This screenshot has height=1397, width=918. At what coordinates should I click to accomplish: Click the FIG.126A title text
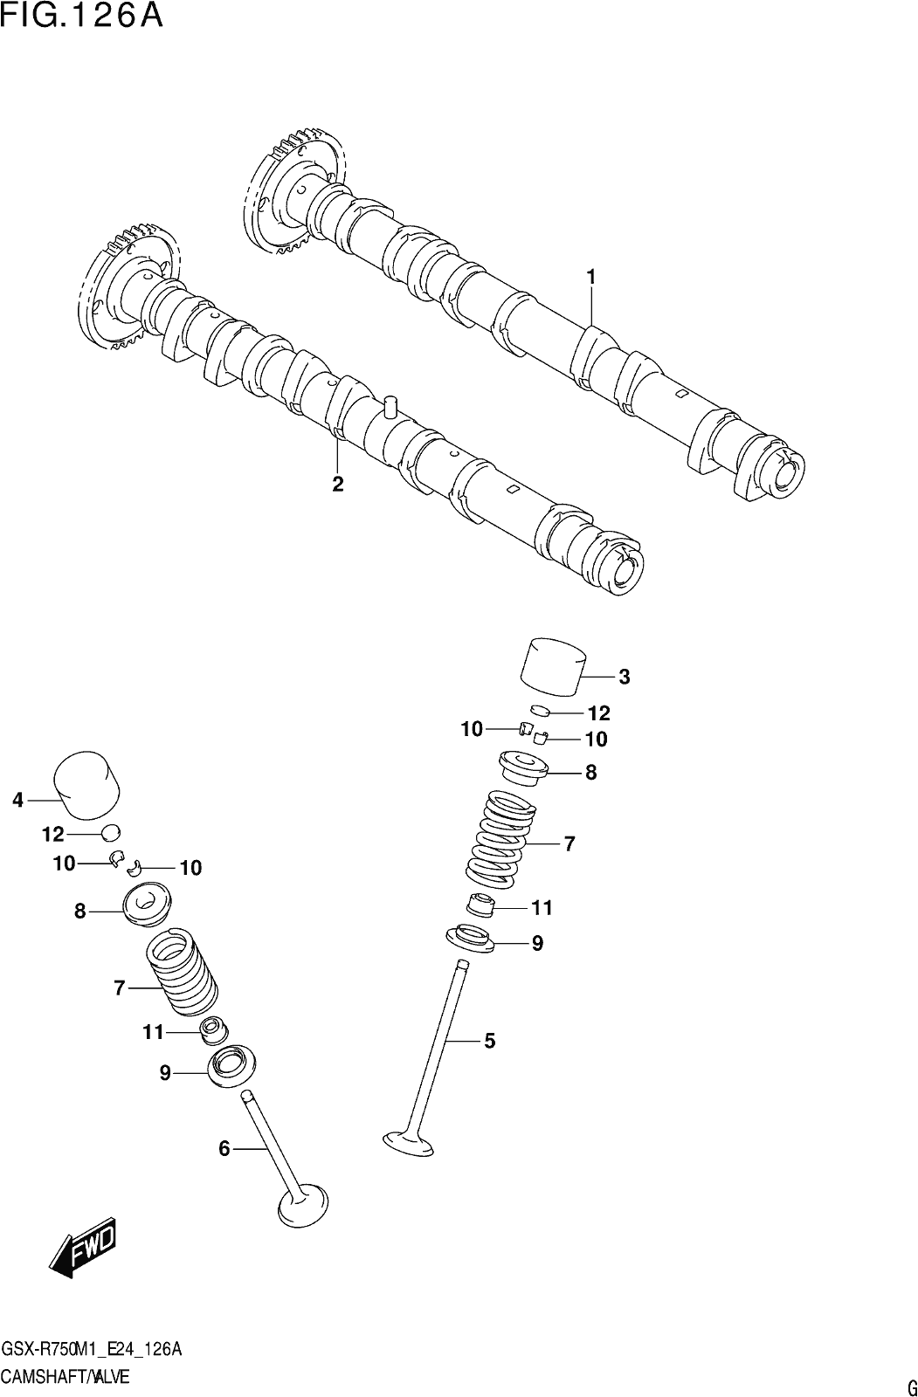click(82, 17)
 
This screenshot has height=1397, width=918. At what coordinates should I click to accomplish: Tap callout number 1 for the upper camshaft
click(590, 277)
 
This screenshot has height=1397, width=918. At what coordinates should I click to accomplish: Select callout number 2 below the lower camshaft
click(338, 484)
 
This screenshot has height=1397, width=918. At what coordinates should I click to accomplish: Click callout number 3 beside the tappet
click(624, 677)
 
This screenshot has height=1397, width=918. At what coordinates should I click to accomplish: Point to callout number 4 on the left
click(17, 800)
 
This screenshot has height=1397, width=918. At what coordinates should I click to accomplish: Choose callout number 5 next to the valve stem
click(489, 1041)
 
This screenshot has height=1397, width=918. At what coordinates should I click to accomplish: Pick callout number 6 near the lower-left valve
click(224, 1149)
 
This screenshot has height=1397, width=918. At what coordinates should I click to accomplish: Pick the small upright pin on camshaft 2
click(391, 406)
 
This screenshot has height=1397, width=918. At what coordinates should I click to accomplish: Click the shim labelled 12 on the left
click(110, 832)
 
